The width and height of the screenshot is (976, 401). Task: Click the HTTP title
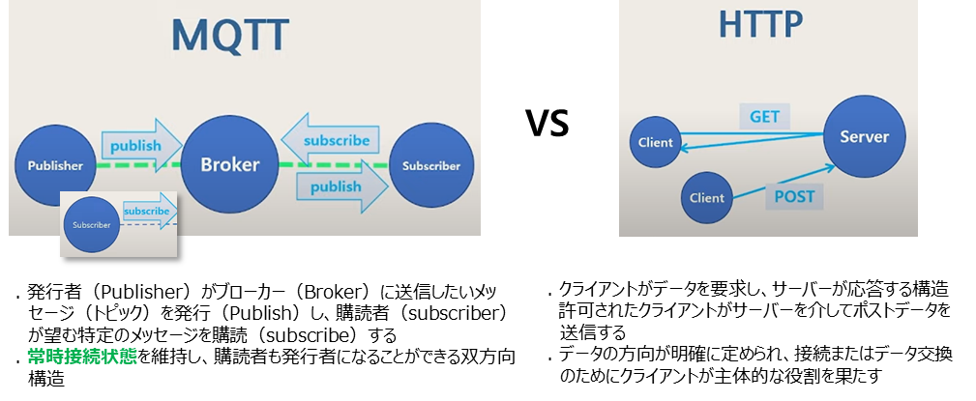coord(760,24)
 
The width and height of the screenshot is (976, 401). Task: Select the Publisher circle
coord(55,165)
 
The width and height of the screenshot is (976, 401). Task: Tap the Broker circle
coord(229,165)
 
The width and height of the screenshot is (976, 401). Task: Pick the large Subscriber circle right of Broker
coord(431,165)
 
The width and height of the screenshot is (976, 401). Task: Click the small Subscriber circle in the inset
coord(92,225)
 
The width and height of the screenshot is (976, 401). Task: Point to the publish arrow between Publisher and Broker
coord(141,146)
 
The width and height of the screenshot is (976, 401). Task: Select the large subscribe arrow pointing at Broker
coord(329,140)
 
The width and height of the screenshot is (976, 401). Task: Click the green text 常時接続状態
coord(82,357)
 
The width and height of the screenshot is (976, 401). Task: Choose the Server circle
coord(864,136)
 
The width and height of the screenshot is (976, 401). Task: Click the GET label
coord(764,117)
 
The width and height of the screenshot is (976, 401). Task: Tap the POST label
coord(794,197)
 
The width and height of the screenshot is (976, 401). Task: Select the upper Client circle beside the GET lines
coord(655,142)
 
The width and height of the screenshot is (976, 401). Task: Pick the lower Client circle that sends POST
coord(706,198)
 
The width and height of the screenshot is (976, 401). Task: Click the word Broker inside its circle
coord(229,165)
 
